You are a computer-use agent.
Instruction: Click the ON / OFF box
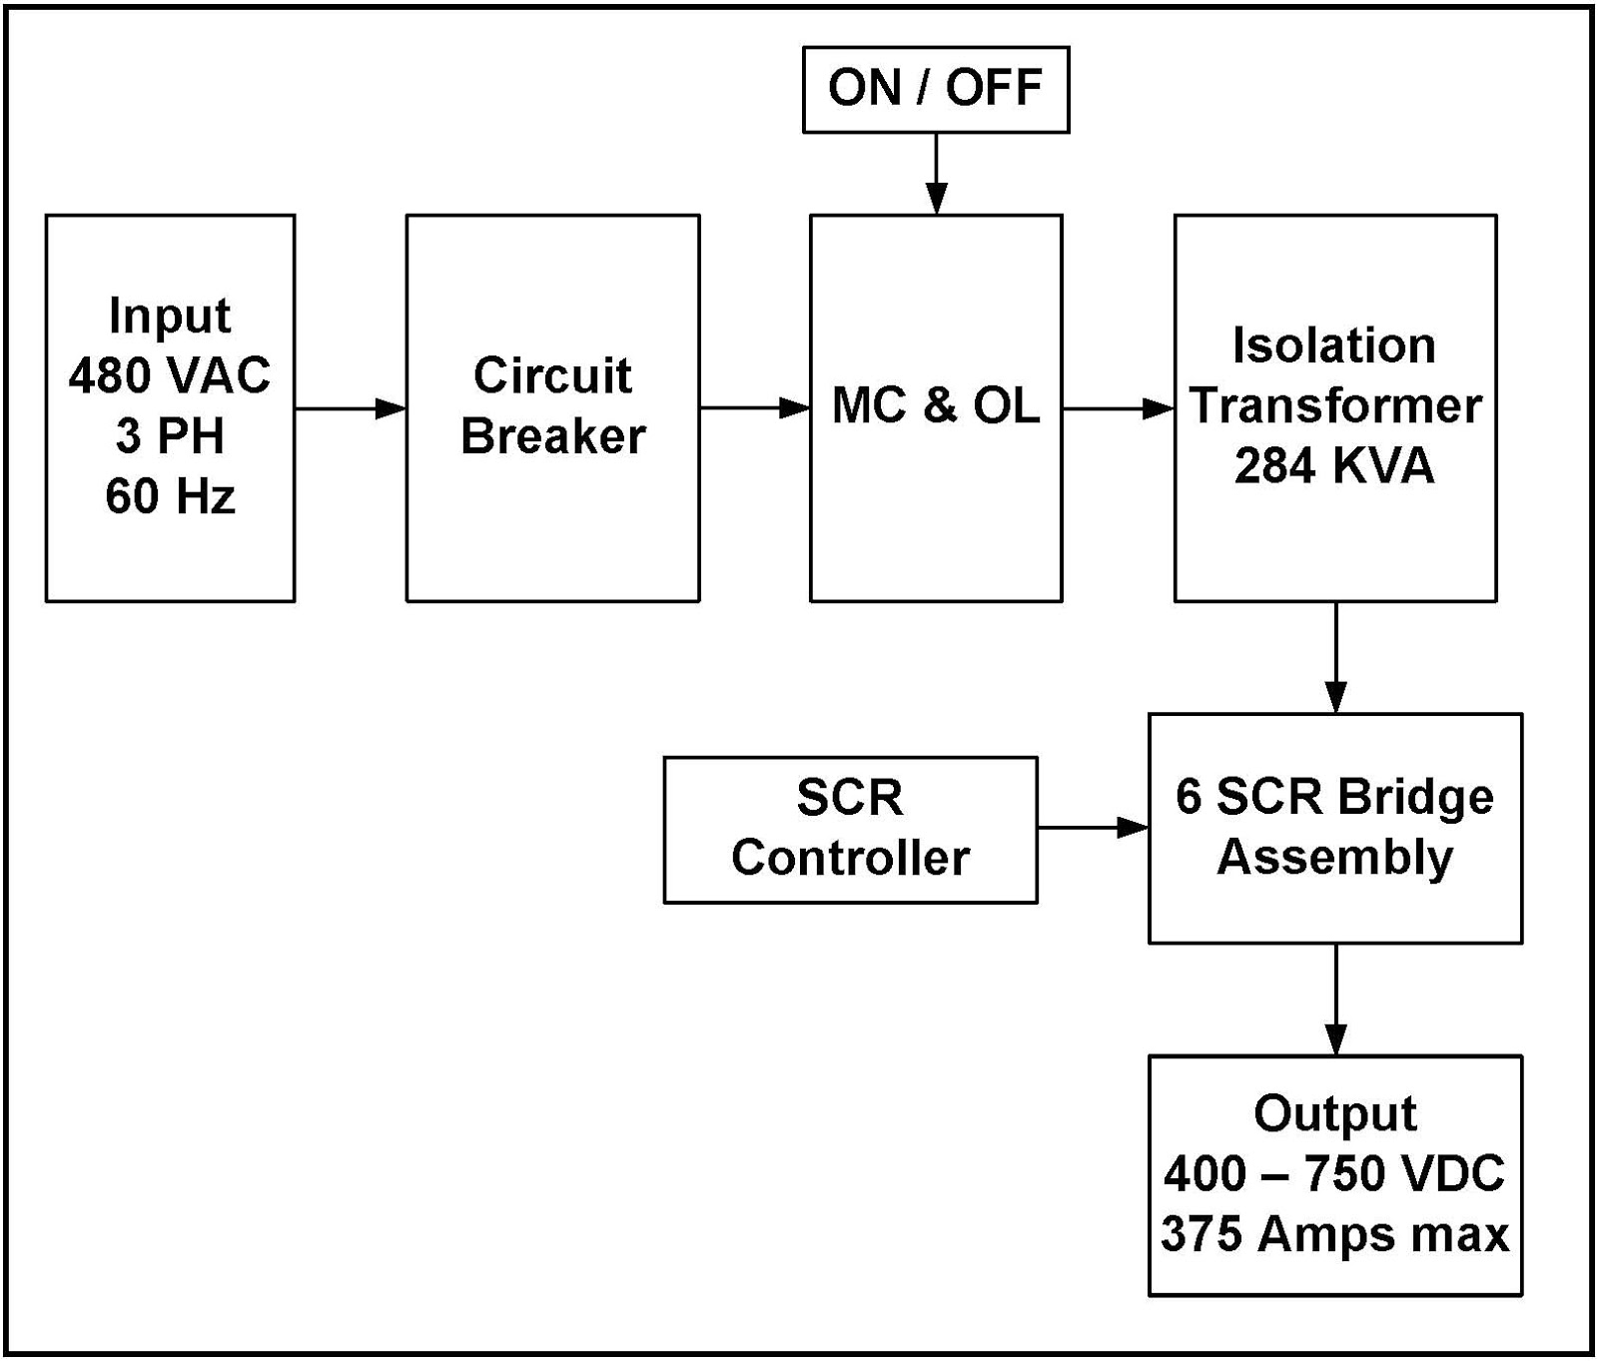tap(936, 89)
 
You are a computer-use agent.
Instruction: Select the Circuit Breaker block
tap(552, 407)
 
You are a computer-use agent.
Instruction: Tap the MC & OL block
tap(936, 406)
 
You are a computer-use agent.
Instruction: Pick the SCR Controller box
tap(850, 829)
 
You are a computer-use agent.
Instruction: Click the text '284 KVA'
tap(1334, 466)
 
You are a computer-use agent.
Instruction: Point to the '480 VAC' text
tap(170, 375)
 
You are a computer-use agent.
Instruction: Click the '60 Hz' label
tap(170, 496)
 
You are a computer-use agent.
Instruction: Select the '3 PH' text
tap(170, 436)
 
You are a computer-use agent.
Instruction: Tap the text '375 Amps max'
tap(1334, 1234)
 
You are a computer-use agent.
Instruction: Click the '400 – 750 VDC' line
tap(1334, 1174)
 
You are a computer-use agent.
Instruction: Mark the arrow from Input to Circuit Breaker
tap(350, 407)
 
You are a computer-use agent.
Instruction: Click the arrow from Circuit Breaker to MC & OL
tap(754, 407)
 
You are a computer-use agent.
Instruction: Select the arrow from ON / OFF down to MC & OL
tap(936, 174)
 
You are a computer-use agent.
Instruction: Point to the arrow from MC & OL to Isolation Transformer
tap(1118, 407)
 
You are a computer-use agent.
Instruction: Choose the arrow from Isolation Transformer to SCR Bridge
tap(1335, 657)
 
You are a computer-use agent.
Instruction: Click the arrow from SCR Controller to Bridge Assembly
tap(1093, 828)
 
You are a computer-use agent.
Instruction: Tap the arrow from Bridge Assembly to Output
tap(1335, 999)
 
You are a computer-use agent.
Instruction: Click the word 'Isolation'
tap(1334, 345)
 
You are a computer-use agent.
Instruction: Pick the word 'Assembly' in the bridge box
tap(1334, 858)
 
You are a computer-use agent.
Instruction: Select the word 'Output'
tap(1334, 1113)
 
